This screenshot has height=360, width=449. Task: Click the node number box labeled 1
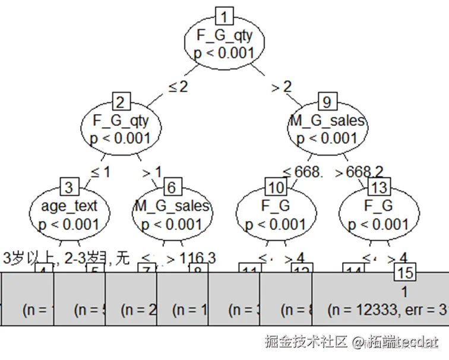pos(224,15)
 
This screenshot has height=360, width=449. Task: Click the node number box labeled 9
pos(326,101)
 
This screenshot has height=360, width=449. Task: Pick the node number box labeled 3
pos(69,188)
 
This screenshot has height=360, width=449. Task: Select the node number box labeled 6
pos(172,188)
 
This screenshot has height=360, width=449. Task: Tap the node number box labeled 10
pos(276,188)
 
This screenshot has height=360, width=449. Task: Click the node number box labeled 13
pos(378,188)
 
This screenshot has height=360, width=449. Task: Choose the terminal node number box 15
pos(404,273)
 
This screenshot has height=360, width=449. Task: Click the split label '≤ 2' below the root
pos(178,87)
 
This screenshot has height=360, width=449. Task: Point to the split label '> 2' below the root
pos(282,87)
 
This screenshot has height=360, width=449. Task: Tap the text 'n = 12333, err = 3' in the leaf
pos(386,310)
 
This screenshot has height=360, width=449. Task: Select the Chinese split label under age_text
pos(65,258)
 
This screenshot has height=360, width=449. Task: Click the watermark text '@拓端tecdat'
pos(395,342)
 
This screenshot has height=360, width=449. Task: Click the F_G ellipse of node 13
pos(378,215)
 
